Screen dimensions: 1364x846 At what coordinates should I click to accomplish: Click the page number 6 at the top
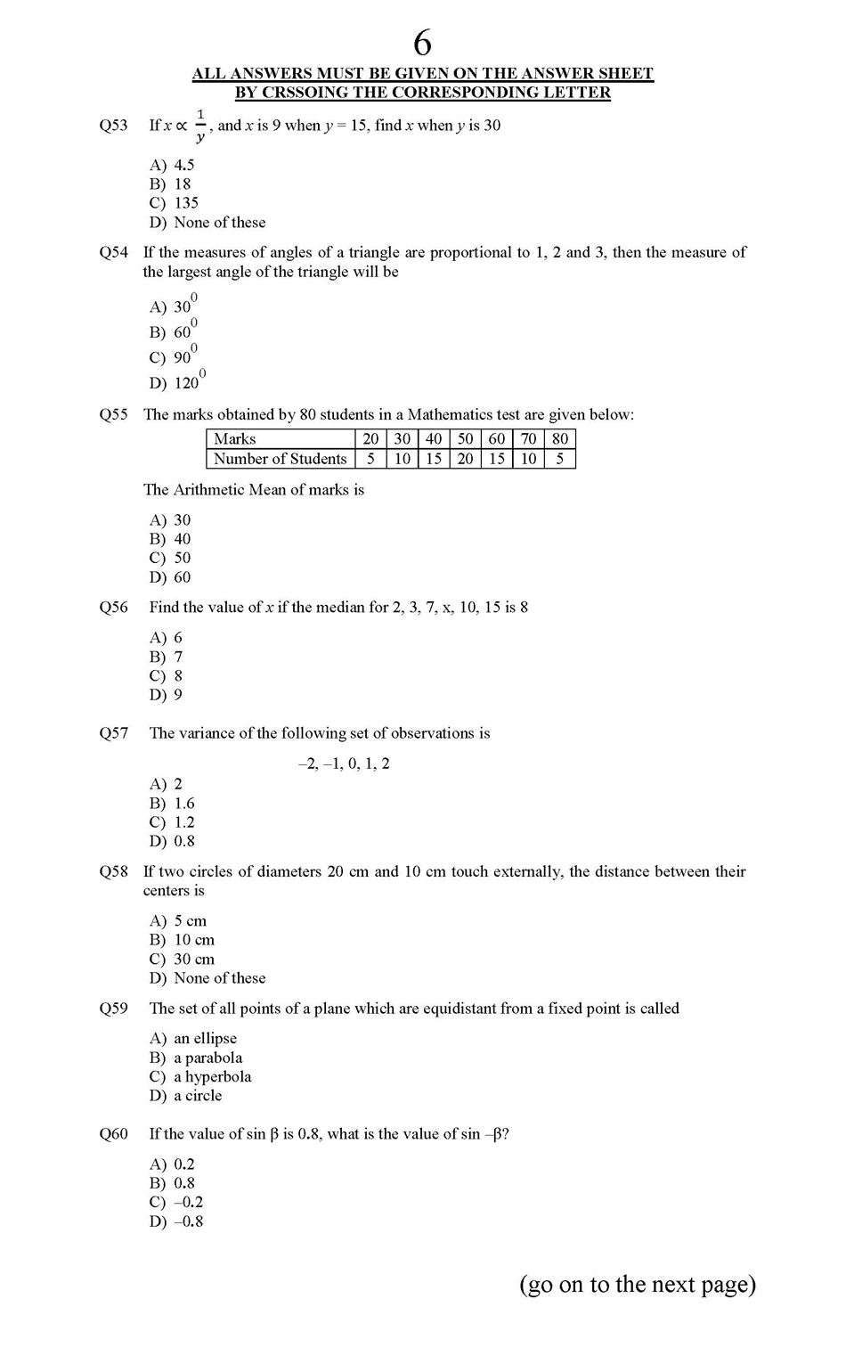(423, 43)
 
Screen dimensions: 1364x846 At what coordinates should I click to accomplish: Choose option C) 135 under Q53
(175, 203)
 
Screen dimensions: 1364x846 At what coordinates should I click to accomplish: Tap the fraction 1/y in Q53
(200, 126)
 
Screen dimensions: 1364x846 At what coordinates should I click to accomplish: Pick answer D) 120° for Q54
(177, 381)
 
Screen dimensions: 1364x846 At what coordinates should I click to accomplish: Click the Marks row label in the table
(235, 439)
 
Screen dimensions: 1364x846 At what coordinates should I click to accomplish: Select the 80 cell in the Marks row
(559, 439)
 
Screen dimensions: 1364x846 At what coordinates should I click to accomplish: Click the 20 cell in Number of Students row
(465, 459)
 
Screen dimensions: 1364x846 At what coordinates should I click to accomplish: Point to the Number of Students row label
(280, 459)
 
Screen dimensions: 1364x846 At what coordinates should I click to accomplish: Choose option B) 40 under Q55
(170, 539)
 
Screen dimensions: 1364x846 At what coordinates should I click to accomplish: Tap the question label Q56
(114, 608)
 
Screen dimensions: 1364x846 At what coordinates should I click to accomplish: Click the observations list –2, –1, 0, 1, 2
(344, 764)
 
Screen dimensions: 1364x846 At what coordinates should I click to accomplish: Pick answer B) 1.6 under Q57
(172, 804)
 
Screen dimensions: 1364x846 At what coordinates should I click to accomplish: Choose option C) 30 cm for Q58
(182, 960)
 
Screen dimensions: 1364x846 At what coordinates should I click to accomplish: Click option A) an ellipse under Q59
(193, 1039)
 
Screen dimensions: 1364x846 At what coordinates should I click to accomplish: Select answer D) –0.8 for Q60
(176, 1221)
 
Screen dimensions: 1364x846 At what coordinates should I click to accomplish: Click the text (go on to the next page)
(638, 1284)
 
